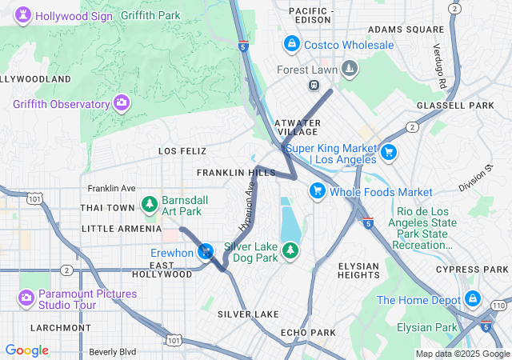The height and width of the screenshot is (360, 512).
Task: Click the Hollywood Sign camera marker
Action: pos(22,15)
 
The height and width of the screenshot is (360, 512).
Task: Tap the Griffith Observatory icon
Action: pos(122,102)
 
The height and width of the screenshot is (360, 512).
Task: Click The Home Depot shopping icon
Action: pos(472,299)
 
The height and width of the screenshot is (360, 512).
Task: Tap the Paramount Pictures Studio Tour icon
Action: pos(26,298)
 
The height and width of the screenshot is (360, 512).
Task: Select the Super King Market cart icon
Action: pos(389,151)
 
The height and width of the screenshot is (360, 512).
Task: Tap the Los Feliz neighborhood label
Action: pos(182,150)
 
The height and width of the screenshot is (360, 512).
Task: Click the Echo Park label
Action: pos(308,332)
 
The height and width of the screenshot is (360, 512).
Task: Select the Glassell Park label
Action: pos(455,105)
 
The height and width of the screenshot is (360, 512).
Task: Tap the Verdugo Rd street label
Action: pos(439,66)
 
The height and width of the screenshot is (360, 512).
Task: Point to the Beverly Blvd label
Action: pos(112,351)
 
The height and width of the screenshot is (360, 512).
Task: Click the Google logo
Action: pos(27,350)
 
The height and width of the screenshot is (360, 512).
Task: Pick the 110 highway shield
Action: pos(498,306)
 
